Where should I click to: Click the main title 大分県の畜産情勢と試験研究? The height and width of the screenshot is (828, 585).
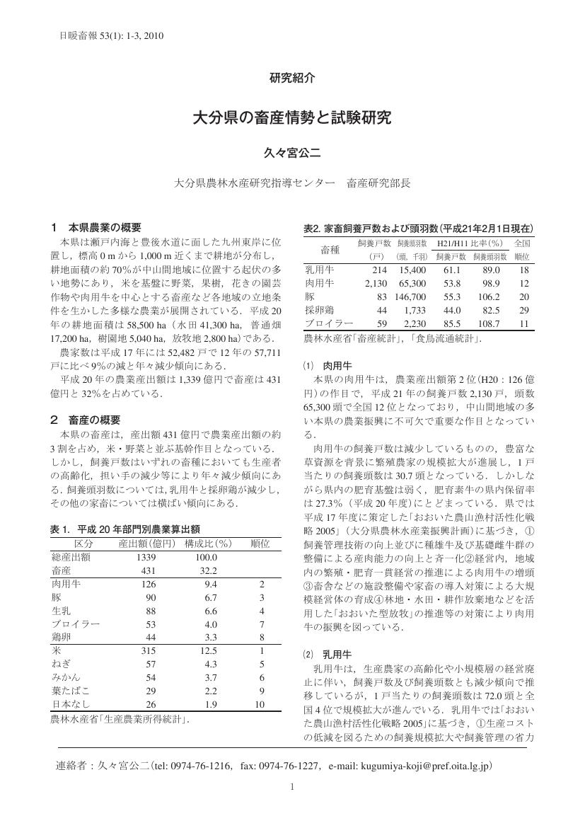292,117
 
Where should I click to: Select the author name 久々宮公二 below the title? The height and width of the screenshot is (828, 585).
292,152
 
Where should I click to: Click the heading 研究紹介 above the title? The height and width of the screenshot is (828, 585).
292,79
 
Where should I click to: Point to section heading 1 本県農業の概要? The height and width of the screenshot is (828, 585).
96,228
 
